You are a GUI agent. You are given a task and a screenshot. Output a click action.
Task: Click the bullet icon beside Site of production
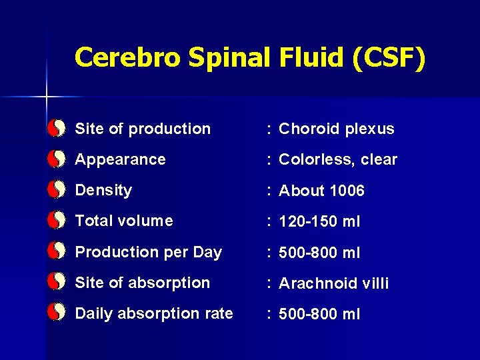click(57, 128)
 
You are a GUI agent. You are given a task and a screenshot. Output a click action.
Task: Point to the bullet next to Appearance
click(57, 159)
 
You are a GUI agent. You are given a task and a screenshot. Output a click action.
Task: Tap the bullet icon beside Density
click(57, 190)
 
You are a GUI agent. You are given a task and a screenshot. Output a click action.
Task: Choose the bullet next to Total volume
click(57, 221)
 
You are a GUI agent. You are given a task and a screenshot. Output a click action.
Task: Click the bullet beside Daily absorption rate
click(57, 313)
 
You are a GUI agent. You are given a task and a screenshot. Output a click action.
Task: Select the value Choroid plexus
click(337, 129)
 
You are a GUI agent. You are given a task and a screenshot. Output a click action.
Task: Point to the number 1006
click(347, 191)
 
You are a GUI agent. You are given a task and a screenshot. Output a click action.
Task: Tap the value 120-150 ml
click(319, 221)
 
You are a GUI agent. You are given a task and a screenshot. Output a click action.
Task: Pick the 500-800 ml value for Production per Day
click(319, 253)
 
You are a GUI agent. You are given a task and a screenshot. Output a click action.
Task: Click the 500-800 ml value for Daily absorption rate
click(319, 314)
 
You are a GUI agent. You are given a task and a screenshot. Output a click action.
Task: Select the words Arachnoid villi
click(333, 283)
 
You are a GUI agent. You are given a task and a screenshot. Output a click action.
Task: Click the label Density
click(103, 190)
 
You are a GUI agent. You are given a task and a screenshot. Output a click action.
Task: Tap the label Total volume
click(124, 221)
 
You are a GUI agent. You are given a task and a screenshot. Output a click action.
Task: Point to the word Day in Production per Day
click(207, 252)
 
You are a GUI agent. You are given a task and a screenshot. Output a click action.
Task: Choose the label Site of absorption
click(143, 283)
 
